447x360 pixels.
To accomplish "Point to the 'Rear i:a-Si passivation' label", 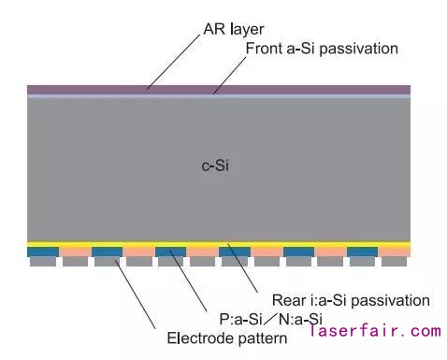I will point(351,300).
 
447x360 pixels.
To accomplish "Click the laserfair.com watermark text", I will point(373,330).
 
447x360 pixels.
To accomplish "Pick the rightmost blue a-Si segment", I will point(362,252).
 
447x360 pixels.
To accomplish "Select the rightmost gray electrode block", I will point(394,263).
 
